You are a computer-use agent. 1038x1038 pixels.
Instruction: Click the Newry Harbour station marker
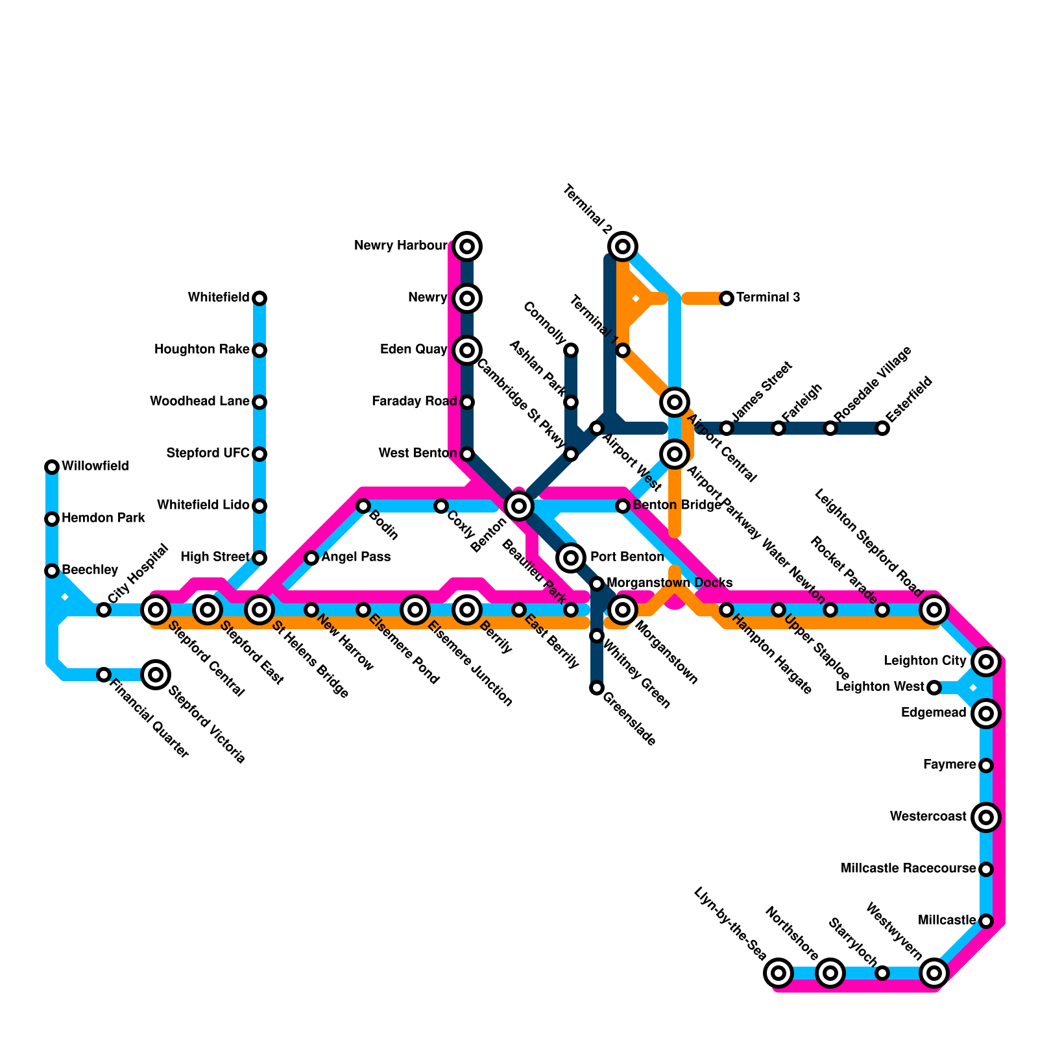pyautogui.click(x=467, y=247)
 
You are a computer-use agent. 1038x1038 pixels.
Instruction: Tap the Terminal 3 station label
pyautogui.click(x=768, y=298)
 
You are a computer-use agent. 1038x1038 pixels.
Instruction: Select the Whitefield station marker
pyautogui.click(x=259, y=298)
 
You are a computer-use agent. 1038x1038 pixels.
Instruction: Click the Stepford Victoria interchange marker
pyautogui.click(x=156, y=675)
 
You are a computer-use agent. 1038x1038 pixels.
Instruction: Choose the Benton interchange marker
pyautogui.click(x=519, y=505)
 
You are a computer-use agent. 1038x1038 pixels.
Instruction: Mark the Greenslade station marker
pyautogui.click(x=597, y=688)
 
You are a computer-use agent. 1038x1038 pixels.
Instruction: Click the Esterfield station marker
pyautogui.click(x=882, y=428)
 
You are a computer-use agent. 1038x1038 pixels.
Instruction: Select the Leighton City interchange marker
pyautogui.click(x=986, y=662)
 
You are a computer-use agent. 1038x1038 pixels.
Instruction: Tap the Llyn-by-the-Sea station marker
pyautogui.click(x=779, y=973)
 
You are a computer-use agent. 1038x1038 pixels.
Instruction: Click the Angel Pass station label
pyautogui.click(x=356, y=557)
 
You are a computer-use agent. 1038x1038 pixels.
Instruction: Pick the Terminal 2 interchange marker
pyautogui.click(x=623, y=247)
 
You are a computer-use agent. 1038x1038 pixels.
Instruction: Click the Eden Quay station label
pyautogui.click(x=413, y=350)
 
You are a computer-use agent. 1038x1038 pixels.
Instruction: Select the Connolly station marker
pyautogui.click(x=571, y=350)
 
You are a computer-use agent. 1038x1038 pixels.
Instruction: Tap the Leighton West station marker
pyautogui.click(x=934, y=688)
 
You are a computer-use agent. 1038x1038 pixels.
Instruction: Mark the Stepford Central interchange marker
pyautogui.click(x=156, y=610)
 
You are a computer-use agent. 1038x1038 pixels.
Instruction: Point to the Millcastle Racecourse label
pyautogui.click(x=908, y=868)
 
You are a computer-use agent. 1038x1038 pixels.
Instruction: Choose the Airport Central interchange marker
pyautogui.click(x=675, y=402)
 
